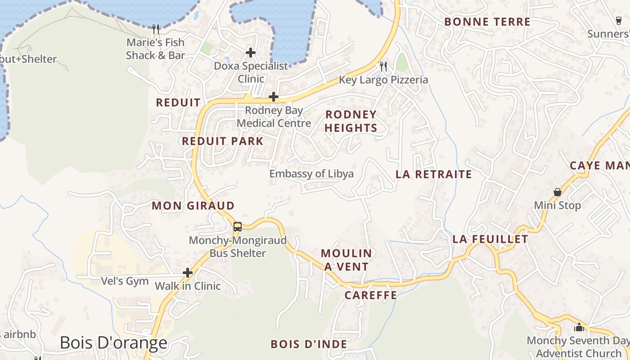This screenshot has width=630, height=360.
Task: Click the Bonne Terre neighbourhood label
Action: [x=487, y=22]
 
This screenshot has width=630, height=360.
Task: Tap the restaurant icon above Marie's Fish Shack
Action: [x=156, y=29]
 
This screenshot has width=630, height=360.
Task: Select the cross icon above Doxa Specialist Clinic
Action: [x=251, y=53]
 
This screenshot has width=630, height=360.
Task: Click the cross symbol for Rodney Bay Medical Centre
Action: [x=273, y=97]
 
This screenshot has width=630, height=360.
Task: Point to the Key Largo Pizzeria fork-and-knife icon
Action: [x=383, y=67]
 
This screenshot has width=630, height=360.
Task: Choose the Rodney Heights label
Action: [x=351, y=121]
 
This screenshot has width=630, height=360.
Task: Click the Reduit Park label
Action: [x=222, y=141]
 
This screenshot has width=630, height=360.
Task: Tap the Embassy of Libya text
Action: [x=311, y=174]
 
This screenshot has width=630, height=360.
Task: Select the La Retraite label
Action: [x=434, y=174]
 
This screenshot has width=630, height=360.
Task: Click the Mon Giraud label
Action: [x=193, y=206]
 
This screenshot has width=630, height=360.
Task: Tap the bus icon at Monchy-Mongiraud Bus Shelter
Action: [x=238, y=227]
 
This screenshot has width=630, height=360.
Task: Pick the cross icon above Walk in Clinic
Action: [x=188, y=273]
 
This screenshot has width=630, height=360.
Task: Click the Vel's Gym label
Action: [x=125, y=281]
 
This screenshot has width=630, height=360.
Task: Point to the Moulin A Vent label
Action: [x=346, y=260]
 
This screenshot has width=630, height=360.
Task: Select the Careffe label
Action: [x=371, y=295]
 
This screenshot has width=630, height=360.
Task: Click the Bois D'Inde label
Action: [x=309, y=344]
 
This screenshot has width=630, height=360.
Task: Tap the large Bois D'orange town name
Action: [x=113, y=343]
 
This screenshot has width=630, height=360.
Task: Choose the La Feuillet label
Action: [x=490, y=239]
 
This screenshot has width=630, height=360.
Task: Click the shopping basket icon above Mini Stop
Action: [x=558, y=192]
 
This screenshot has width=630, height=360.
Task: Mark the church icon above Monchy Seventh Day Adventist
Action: [x=579, y=327]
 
